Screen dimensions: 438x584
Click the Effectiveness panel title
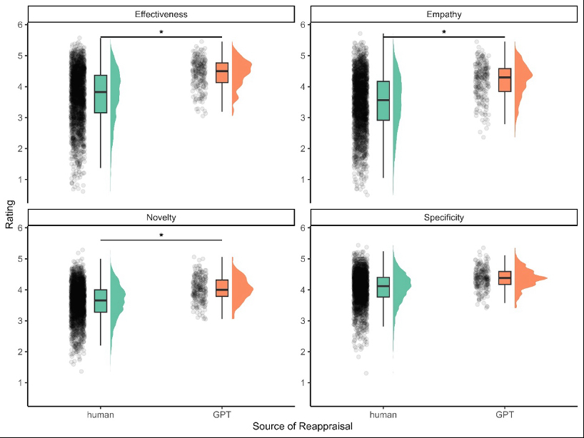pyautogui.click(x=161, y=14)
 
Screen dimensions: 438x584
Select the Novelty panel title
pyautogui.click(x=161, y=218)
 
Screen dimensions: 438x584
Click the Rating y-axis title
pyautogui.click(x=9, y=215)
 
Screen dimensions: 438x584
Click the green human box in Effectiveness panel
pyautogui.click(x=101, y=93)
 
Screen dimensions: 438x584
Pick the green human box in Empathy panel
pyautogui.click(x=383, y=101)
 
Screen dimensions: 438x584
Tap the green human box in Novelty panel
pyautogui.click(x=101, y=300)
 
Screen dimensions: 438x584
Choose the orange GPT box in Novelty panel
pyautogui.click(x=222, y=287)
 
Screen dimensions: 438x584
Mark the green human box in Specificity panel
pyautogui.click(x=383, y=287)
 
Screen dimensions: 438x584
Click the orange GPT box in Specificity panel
pyautogui.click(x=505, y=277)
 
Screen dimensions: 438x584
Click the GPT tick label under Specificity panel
pyautogui.click(x=505, y=414)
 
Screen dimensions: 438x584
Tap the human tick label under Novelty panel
pyautogui.click(x=101, y=414)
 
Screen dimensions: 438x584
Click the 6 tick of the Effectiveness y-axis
pyautogui.click(x=19, y=25)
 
